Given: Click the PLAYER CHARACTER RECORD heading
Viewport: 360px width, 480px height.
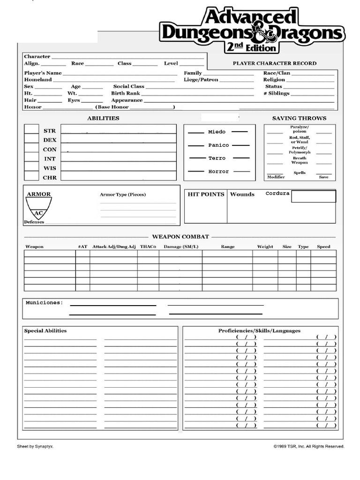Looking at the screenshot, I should tap(274, 63).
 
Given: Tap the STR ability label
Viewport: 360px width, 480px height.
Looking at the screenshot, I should tap(50, 131).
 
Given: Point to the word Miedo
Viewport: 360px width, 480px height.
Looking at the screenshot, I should tap(217, 132).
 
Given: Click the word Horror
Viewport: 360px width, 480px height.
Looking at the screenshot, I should tap(218, 172).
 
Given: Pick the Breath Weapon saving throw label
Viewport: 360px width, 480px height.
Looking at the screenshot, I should tap(300, 160).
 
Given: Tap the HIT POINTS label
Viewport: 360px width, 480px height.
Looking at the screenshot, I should tap(206, 194).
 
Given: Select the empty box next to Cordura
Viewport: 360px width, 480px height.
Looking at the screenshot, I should tap(314, 196).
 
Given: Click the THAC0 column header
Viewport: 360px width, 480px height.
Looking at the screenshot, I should tap(148, 247).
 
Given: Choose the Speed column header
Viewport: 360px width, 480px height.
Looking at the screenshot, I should tap(323, 247).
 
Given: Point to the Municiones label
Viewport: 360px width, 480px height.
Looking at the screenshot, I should tap(44, 303).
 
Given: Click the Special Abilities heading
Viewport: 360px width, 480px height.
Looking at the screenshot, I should tap(45, 331).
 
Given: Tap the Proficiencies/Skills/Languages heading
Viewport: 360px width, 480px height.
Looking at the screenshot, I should tap(259, 331).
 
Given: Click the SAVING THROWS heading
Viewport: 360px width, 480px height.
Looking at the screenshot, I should tap(299, 118).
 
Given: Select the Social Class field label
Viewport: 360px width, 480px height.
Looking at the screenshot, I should tap(128, 87).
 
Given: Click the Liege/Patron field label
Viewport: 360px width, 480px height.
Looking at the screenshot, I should tap(201, 80).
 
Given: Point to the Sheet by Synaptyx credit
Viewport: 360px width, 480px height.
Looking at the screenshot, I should tap(35, 447).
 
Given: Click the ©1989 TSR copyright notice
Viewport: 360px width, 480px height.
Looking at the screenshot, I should tap(309, 447).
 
